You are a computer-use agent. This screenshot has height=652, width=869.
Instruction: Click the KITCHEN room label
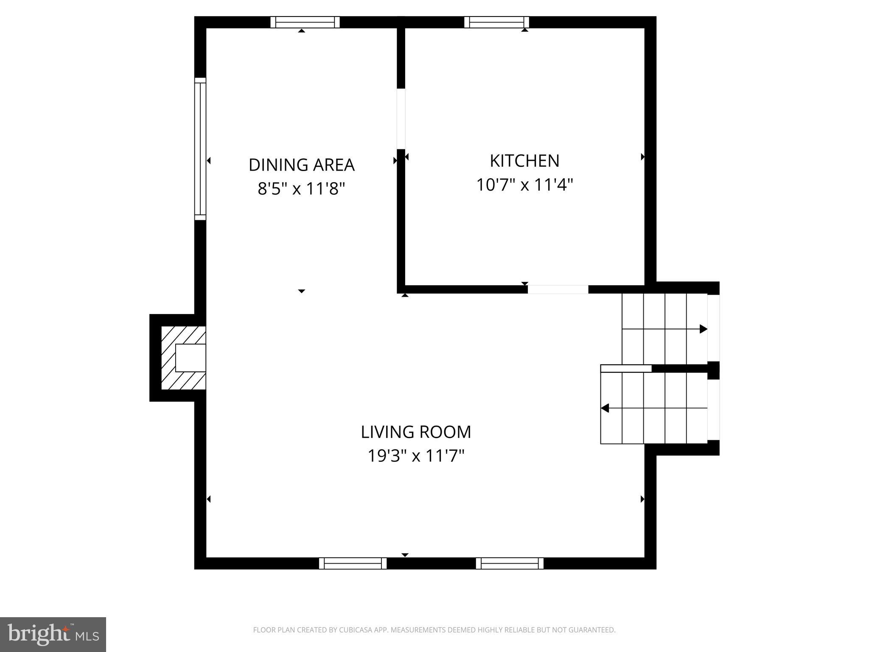click(x=524, y=161)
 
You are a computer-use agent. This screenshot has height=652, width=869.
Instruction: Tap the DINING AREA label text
click(x=301, y=165)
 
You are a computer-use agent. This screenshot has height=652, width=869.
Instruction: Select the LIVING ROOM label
click(x=416, y=432)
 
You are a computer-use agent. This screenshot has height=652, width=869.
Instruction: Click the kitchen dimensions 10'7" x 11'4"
click(x=524, y=185)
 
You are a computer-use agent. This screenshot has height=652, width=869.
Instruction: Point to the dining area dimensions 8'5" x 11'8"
click(x=301, y=188)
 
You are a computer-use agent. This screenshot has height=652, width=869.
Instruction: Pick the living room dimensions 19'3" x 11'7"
click(x=416, y=456)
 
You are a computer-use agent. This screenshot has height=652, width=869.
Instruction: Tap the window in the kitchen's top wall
click(x=496, y=22)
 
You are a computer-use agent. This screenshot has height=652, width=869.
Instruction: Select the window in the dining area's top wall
click(x=305, y=22)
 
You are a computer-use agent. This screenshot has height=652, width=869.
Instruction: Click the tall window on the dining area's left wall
click(x=200, y=149)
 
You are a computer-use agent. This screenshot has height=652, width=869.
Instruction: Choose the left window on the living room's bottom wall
click(x=353, y=563)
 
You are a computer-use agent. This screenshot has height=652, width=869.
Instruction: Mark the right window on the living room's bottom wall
click(x=510, y=563)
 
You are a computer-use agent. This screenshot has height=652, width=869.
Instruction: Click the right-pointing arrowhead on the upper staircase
click(x=703, y=329)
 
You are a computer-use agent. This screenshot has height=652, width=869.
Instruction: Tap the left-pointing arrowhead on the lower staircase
click(x=605, y=408)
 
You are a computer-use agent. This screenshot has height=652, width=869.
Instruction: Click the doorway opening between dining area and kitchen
click(x=401, y=119)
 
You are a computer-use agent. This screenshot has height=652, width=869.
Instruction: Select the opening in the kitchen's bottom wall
click(x=558, y=289)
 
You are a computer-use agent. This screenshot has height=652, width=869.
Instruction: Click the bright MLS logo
click(x=53, y=634)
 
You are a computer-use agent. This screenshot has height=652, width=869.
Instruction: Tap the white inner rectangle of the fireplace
click(x=191, y=357)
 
